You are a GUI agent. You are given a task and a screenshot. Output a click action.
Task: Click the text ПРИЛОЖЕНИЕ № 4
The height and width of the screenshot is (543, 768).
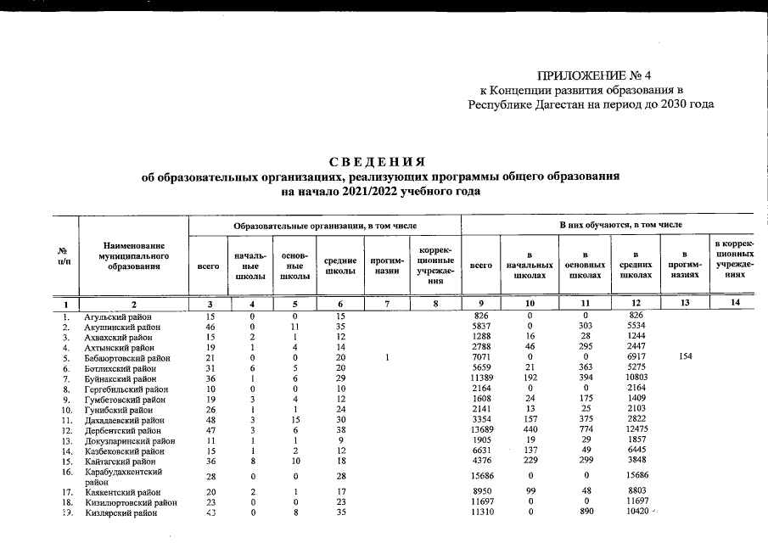594,76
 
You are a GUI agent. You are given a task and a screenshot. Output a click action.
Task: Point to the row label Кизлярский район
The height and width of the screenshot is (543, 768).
118,514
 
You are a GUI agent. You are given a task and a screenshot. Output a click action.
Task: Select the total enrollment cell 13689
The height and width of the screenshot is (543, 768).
480,431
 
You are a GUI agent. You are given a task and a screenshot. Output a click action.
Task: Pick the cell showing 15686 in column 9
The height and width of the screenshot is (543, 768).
480,476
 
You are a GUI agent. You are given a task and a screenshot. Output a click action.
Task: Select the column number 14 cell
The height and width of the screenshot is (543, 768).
736,303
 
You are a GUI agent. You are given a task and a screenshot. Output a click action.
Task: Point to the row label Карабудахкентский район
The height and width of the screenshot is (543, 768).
121,471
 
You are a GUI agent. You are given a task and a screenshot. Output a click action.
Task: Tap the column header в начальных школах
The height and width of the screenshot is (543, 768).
529,265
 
